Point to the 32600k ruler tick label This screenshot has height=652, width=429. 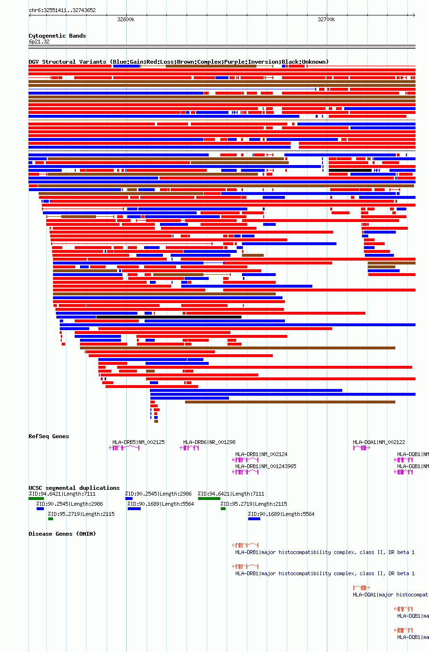pos(126,19)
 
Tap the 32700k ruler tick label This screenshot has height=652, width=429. pos(326,19)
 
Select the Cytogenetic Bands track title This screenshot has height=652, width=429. pos(57,36)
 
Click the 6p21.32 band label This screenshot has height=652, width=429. pos(39,42)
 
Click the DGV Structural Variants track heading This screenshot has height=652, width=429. pos(178,62)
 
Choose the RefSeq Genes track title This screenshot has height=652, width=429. pos(49,436)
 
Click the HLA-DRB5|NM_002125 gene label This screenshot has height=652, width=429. pos(138,442)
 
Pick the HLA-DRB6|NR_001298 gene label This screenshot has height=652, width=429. pos(209,442)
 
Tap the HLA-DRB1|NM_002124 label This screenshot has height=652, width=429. pos(261,454)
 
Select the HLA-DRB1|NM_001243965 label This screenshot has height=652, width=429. pos(266,466)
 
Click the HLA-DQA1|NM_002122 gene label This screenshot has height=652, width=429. pos(379,442)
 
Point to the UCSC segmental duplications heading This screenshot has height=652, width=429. pos(74,488)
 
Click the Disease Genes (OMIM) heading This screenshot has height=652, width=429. pos(62,534)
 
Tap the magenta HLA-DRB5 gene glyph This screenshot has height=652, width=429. pos(124,448)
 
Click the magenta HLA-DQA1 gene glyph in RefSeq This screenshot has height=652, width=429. pos(362,448)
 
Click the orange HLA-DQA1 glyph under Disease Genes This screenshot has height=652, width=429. pos(362,588)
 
